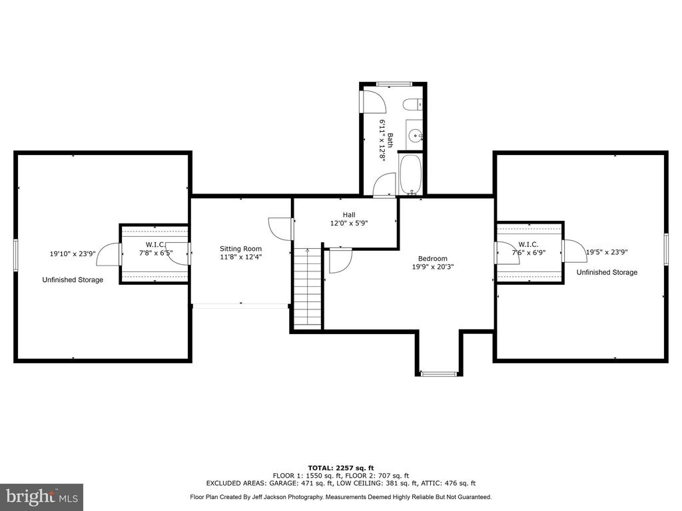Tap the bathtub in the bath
(x=410, y=175)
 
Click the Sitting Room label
(x=240, y=249)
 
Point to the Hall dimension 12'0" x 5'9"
(x=349, y=223)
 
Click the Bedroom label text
(x=433, y=259)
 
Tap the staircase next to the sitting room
(x=308, y=289)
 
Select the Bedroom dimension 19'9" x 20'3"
(x=433, y=267)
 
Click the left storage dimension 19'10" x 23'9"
(x=73, y=254)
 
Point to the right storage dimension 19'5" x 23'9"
(x=607, y=252)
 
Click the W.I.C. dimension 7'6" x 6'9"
(x=528, y=252)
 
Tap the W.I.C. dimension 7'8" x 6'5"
(x=156, y=252)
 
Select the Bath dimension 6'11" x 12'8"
(x=383, y=140)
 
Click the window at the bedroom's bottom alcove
(x=439, y=373)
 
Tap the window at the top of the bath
(x=394, y=84)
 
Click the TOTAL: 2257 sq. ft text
(x=341, y=468)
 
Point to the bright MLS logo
(x=42, y=497)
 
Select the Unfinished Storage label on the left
(x=73, y=280)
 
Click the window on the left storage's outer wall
(x=16, y=255)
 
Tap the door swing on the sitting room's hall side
(x=279, y=229)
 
